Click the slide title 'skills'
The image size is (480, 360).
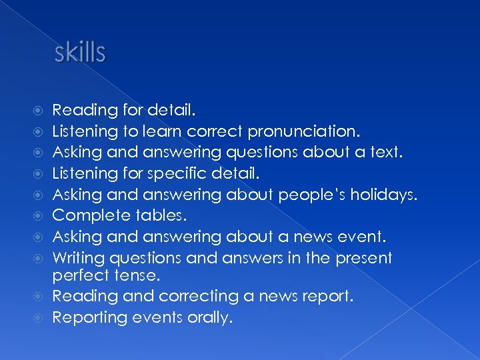click(x=79, y=53)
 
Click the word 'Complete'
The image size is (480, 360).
click(x=91, y=215)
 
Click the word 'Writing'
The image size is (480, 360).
click(x=81, y=258)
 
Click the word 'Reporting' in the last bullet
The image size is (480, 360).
click(x=88, y=317)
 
